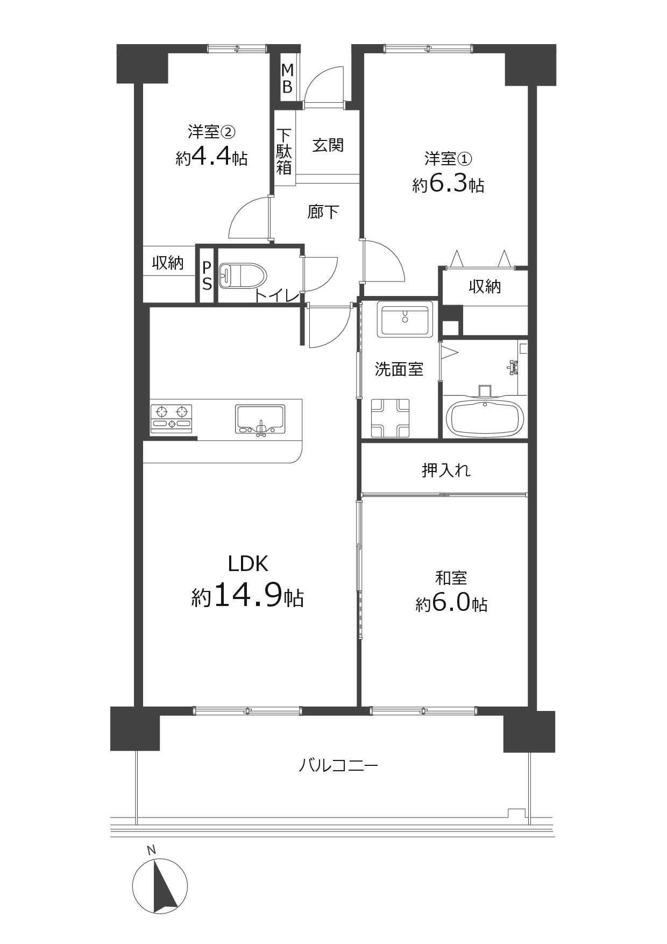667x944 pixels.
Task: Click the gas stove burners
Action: (172, 418)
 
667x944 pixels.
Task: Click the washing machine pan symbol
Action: (389, 418)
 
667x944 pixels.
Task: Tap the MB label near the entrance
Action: (287, 79)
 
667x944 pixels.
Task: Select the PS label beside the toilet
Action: (207, 276)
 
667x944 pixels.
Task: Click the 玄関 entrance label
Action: (328, 145)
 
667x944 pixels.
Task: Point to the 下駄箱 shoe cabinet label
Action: (284, 151)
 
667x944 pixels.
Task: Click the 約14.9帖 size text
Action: (247, 596)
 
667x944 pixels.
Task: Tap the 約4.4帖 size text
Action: (211, 158)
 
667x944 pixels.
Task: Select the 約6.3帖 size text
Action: (448, 185)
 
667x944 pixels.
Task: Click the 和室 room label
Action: (451, 578)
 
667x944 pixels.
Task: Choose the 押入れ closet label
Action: (446, 470)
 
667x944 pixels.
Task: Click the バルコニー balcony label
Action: (338, 765)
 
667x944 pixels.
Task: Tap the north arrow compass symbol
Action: (160, 885)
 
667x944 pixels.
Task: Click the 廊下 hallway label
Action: (323, 212)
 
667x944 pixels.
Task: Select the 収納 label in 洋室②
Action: (168, 263)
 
